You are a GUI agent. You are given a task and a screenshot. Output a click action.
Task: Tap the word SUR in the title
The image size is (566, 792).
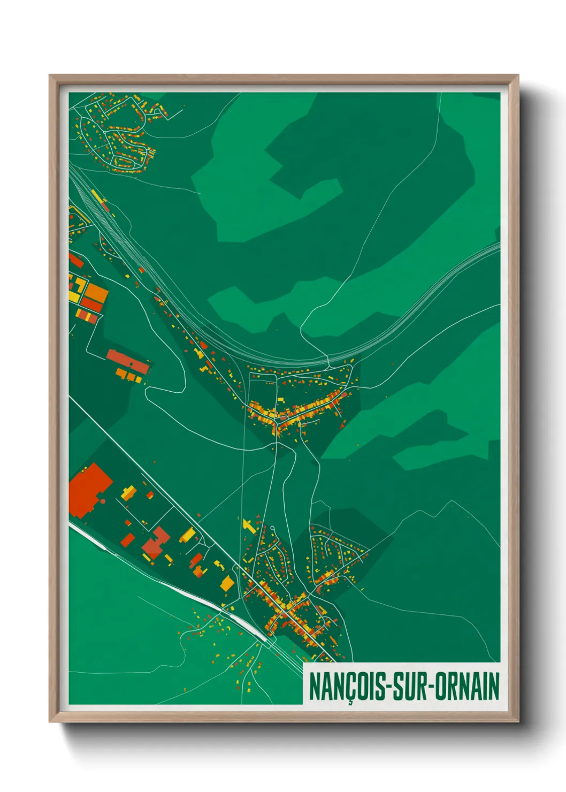coord(410,687)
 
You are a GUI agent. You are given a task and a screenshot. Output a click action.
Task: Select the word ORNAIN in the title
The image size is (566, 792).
coord(467,687)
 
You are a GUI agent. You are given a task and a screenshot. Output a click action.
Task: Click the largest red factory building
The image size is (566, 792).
coord(88,490)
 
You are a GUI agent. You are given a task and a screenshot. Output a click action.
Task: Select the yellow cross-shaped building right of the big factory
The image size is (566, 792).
coord(128,492)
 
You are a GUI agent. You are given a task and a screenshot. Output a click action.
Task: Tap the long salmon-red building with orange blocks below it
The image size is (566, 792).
coord(127,362)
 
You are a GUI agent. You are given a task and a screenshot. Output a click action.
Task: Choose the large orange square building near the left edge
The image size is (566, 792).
coord(97,293)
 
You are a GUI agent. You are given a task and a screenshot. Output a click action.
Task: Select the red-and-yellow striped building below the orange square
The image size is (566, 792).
coord(88,316)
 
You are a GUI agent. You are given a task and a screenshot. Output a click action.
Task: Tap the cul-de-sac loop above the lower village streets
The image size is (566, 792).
coord(272,529)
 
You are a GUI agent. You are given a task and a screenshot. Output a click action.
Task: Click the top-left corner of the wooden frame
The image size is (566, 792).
coord(50,76)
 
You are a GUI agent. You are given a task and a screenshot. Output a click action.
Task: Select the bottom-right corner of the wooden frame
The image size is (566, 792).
coord(517,722)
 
